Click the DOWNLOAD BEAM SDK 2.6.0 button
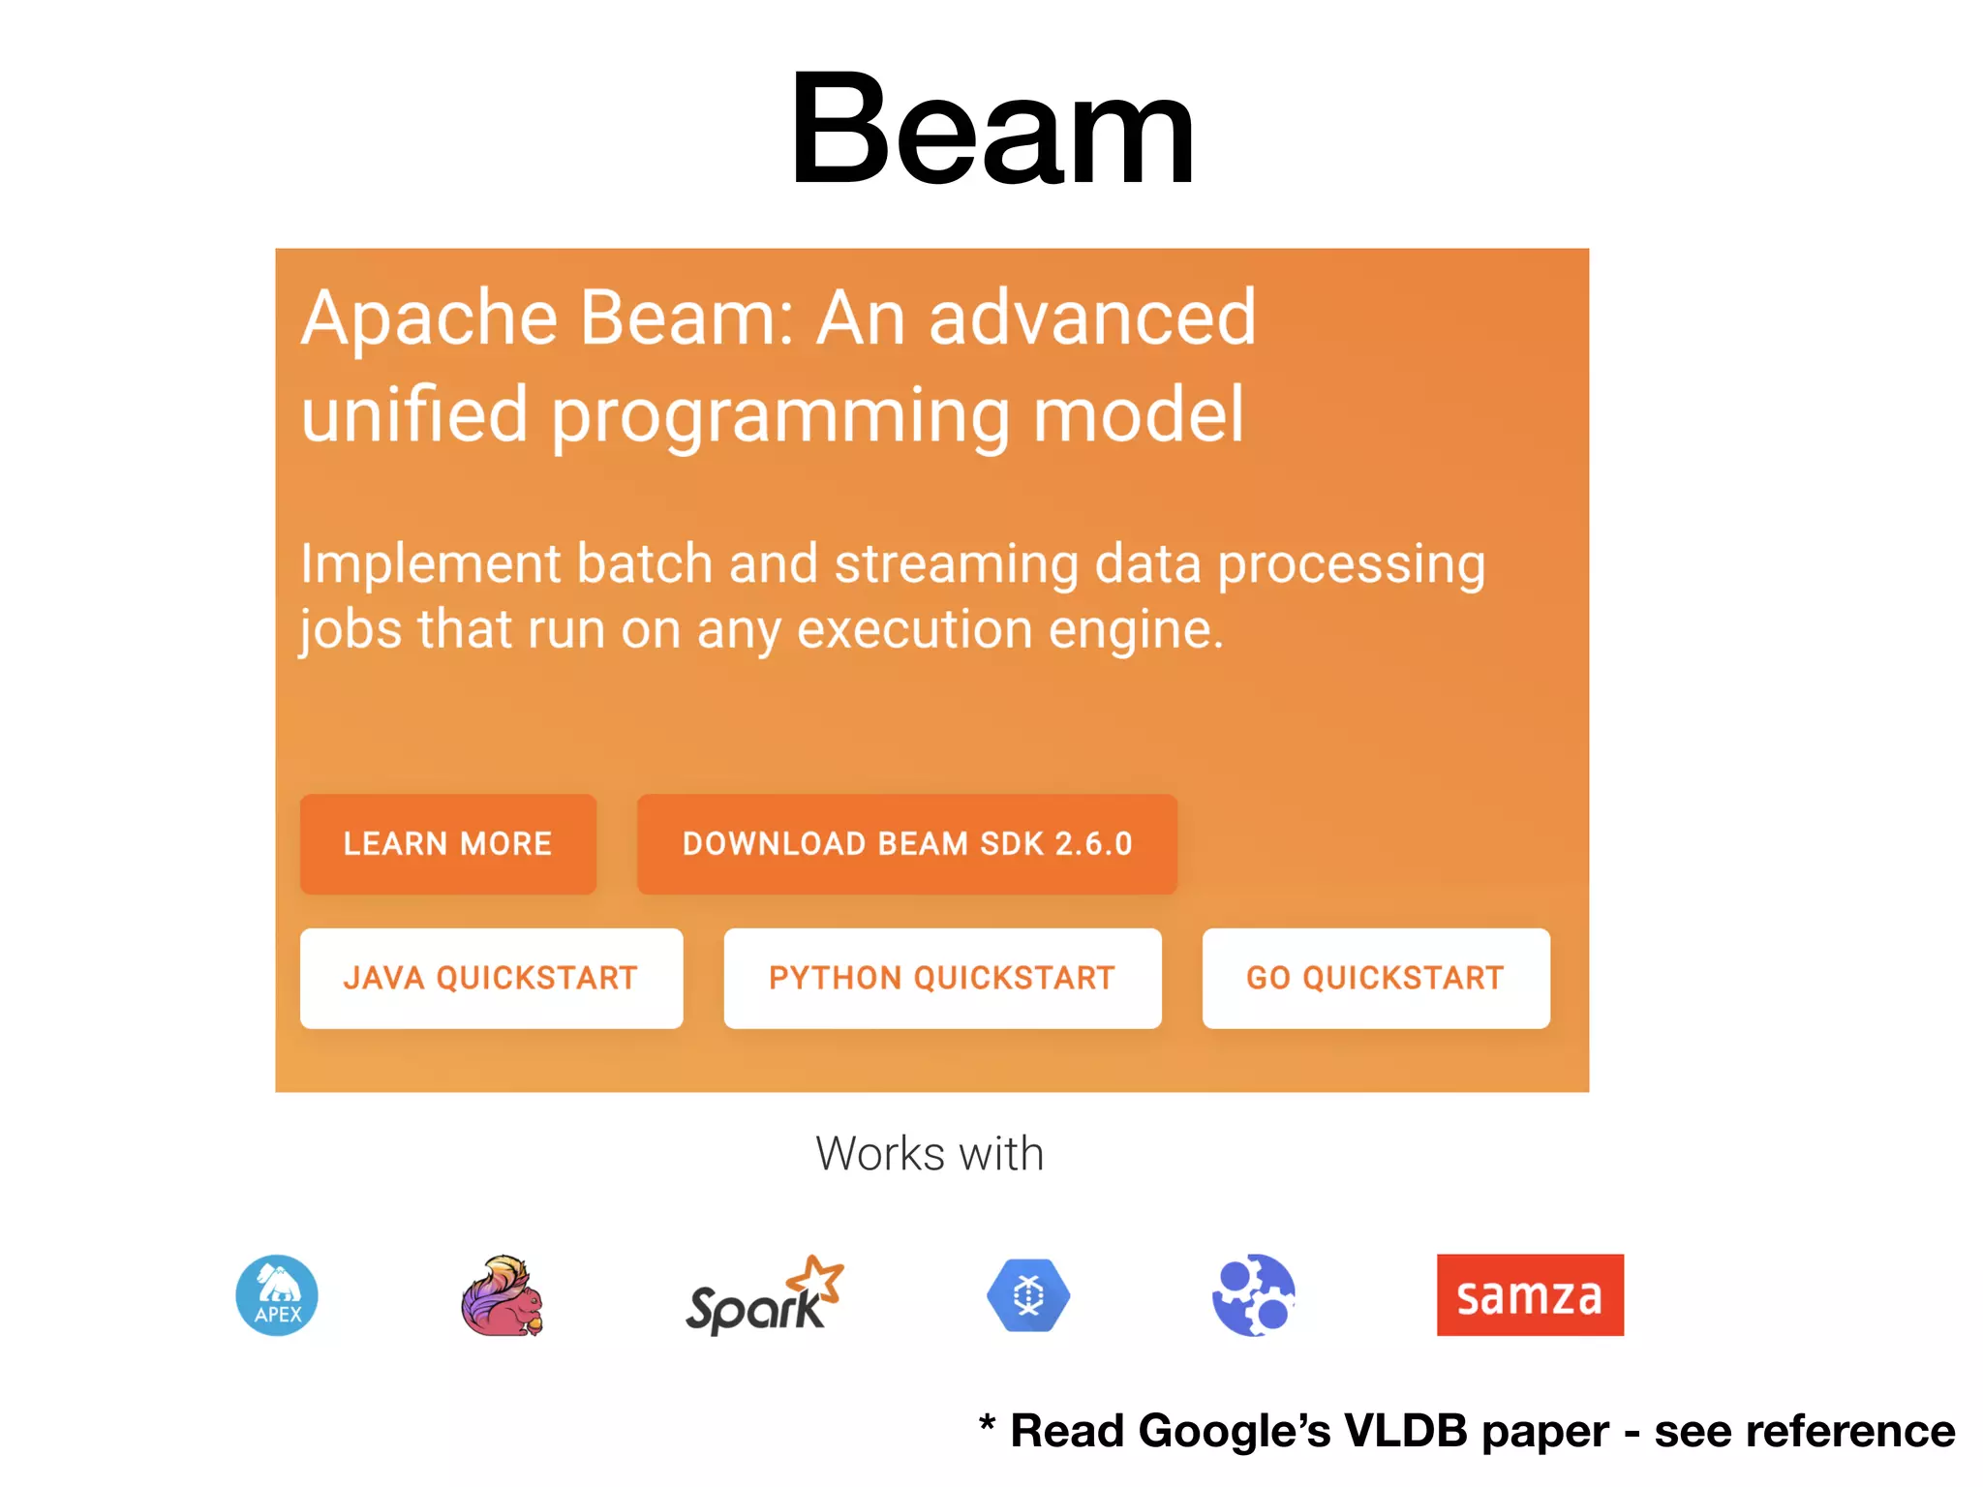(x=906, y=844)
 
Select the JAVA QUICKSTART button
(x=491, y=979)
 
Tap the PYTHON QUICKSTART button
(x=942, y=979)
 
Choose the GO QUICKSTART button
(x=1375, y=979)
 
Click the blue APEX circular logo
(x=277, y=1295)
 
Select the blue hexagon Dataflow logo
(x=1028, y=1295)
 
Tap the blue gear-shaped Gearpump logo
(x=1253, y=1295)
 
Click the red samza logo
(x=1530, y=1295)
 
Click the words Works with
(x=930, y=1154)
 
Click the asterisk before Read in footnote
(x=987, y=1423)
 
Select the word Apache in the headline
(x=429, y=319)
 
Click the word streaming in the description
(x=957, y=564)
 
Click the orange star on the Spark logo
(x=817, y=1276)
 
